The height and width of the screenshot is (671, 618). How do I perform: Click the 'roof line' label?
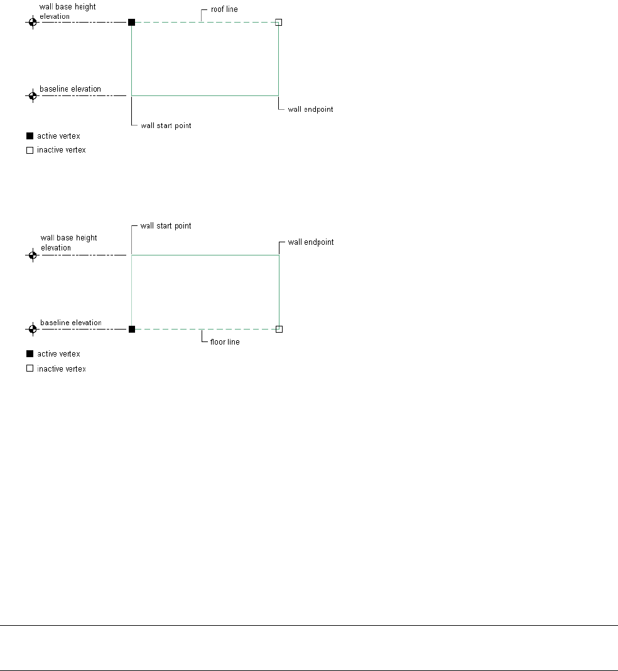pyautogui.click(x=224, y=9)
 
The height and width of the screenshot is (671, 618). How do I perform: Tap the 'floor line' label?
pyautogui.click(x=225, y=342)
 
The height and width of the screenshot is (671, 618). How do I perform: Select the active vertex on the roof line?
pyautogui.click(x=131, y=22)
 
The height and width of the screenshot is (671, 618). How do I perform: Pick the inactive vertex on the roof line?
pyautogui.click(x=279, y=22)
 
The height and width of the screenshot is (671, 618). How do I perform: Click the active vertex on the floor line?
pyautogui.click(x=131, y=329)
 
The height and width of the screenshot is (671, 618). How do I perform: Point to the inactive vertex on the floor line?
pyautogui.click(x=279, y=329)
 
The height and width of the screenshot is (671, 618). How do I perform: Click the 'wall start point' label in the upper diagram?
pyautogui.click(x=166, y=126)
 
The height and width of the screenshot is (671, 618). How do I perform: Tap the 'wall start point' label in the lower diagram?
pyautogui.click(x=166, y=226)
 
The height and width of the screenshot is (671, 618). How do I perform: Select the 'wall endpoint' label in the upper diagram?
pyautogui.click(x=310, y=109)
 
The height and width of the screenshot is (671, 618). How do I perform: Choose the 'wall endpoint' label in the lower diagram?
pyautogui.click(x=310, y=242)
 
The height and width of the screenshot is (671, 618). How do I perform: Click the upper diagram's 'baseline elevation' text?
pyautogui.click(x=70, y=89)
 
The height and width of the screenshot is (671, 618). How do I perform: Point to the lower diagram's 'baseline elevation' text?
pyautogui.click(x=70, y=323)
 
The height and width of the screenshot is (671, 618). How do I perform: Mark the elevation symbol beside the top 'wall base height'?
pyautogui.click(x=33, y=22)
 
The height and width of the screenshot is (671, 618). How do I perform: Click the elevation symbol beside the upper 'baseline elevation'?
pyautogui.click(x=33, y=96)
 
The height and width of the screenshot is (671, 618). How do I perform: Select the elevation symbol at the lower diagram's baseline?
pyautogui.click(x=33, y=329)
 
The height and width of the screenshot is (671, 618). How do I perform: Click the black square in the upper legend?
pyautogui.click(x=29, y=136)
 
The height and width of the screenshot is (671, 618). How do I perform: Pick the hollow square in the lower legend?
pyautogui.click(x=29, y=369)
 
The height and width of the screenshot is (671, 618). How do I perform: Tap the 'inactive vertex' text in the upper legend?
pyautogui.click(x=62, y=150)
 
